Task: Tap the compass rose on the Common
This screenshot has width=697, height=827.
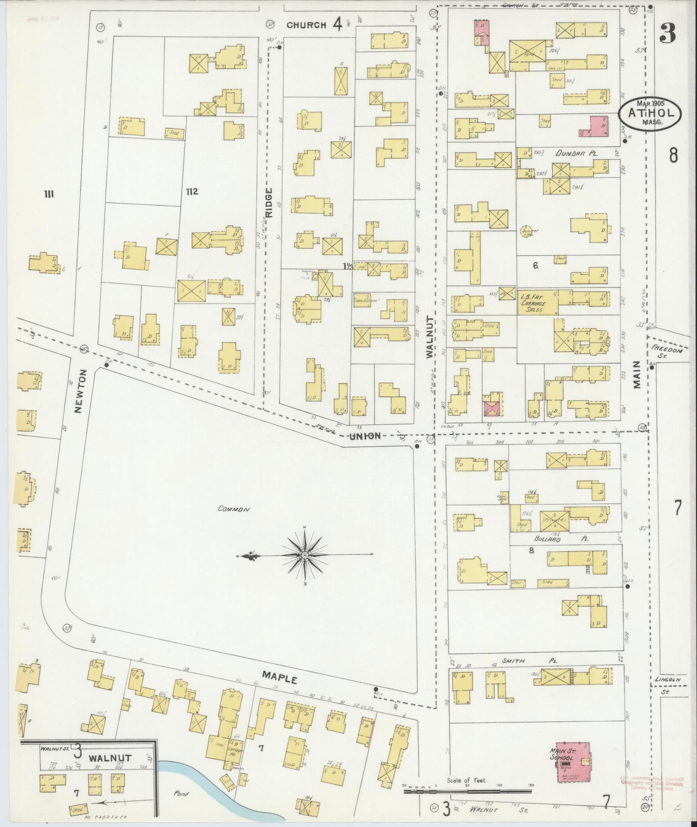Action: pyautogui.click(x=305, y=555)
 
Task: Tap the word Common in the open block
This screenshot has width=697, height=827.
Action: pyautogui.click(x=232, y=509)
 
